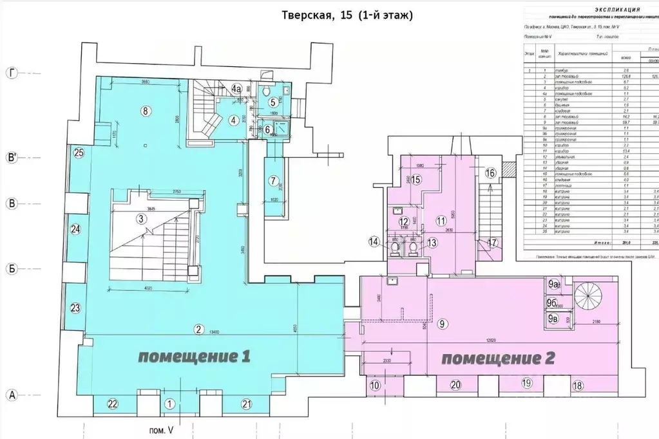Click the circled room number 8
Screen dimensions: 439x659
pyautogui.click(x=146, y=111)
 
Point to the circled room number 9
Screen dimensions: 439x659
pyautogui.click(x=443, y=324)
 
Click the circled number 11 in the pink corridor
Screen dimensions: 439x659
pyautogui.click(x=441, y=220)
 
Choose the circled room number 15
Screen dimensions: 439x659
pyautogui.click(x=416, y=180)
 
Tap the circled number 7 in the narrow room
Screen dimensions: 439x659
pyautogui.click(x=273, y=180)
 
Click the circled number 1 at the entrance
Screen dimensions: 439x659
pyautogui.click(x=169, y=404)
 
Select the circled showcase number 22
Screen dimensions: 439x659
pyautogui.click(x=113, y=404)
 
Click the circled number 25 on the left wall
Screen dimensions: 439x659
pyautogui.click(x=79, y=153)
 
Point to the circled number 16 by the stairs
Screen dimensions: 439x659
pyautogui.click(x=490, y=173)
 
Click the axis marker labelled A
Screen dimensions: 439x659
pyautogui.click(x=10, y=395)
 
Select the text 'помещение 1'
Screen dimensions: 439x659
pyautogui.click(x=194, y=356)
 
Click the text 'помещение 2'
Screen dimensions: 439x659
pyautogui.click(x=499, y=358)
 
